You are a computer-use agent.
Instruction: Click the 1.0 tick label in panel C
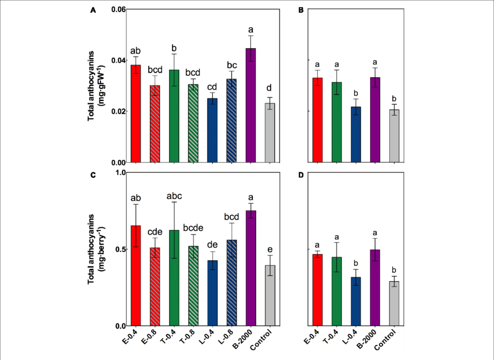(x=120, y=172)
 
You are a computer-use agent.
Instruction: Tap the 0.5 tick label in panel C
(x=120, y=249)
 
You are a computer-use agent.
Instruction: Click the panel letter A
(x=92, y=10)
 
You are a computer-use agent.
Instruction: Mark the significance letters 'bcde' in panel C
(x=193, y=226)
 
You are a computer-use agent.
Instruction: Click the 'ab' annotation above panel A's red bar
(x=135, y=50)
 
